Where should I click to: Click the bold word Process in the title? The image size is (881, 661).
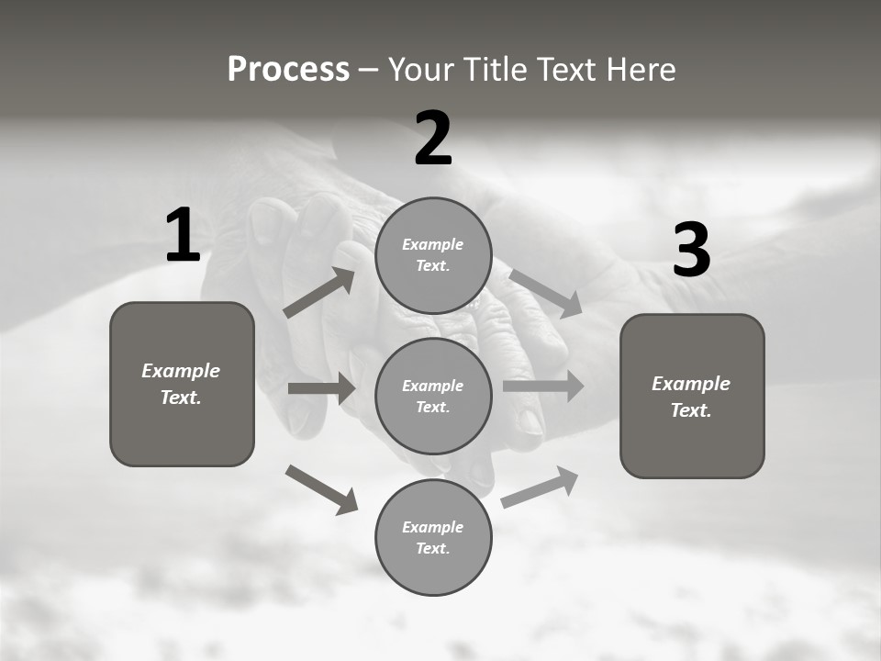coord(288,70)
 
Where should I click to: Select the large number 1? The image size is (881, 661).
coord(183,235)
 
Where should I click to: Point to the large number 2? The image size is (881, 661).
coord(433,139)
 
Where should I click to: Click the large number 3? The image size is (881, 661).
coord(691,250)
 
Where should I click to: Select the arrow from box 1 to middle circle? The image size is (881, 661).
coord(322,388)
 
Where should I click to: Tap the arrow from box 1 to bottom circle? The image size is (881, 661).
coord(322,489)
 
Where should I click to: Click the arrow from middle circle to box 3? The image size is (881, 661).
coord(543,387)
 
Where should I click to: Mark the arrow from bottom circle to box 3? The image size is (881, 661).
coord(541,487)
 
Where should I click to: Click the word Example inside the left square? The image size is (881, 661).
coord(181,371)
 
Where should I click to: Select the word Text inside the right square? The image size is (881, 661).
coord(690,410)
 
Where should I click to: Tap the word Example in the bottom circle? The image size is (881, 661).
coord(432,527)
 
